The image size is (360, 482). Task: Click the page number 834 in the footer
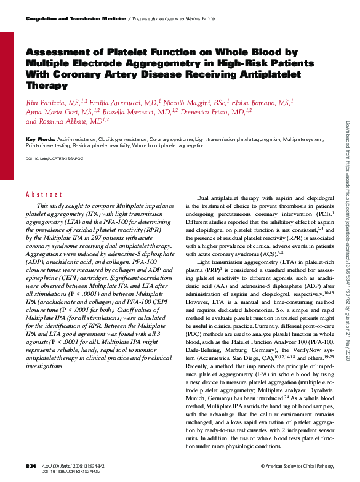pyautogui.click(x=31, y=467)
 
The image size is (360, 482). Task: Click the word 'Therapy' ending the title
pyautogui.click(x=47, y=86)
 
